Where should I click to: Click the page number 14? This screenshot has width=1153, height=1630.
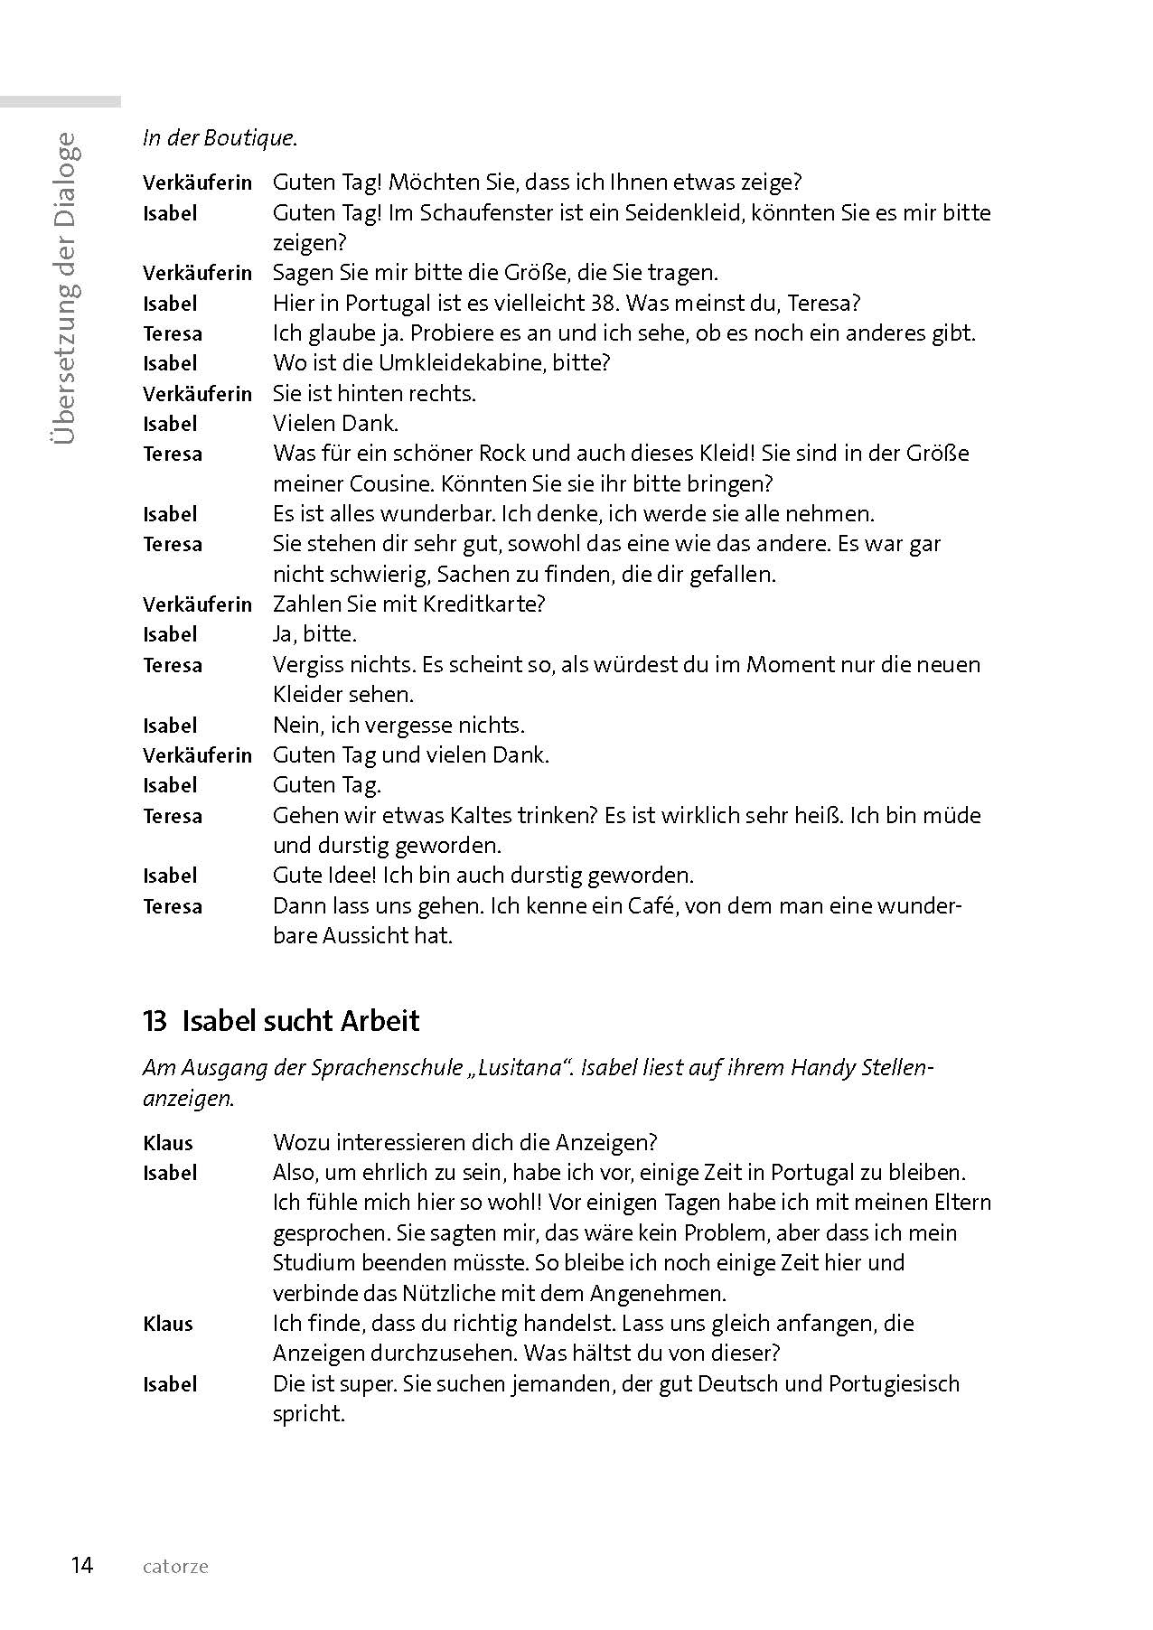click(x=81, y=1565)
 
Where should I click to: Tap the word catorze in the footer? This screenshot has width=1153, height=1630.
click(x=175, y=1566)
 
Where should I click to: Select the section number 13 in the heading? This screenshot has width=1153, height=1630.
click(x=155, y=1021)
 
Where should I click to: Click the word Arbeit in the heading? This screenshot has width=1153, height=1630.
click(x=380, y=1021)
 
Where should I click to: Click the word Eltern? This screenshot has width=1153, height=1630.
click(x=959, y=1204)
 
